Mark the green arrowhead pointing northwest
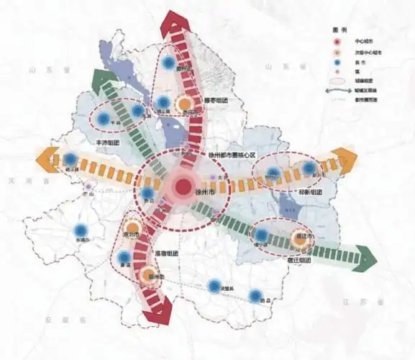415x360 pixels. [x=104, y=80]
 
